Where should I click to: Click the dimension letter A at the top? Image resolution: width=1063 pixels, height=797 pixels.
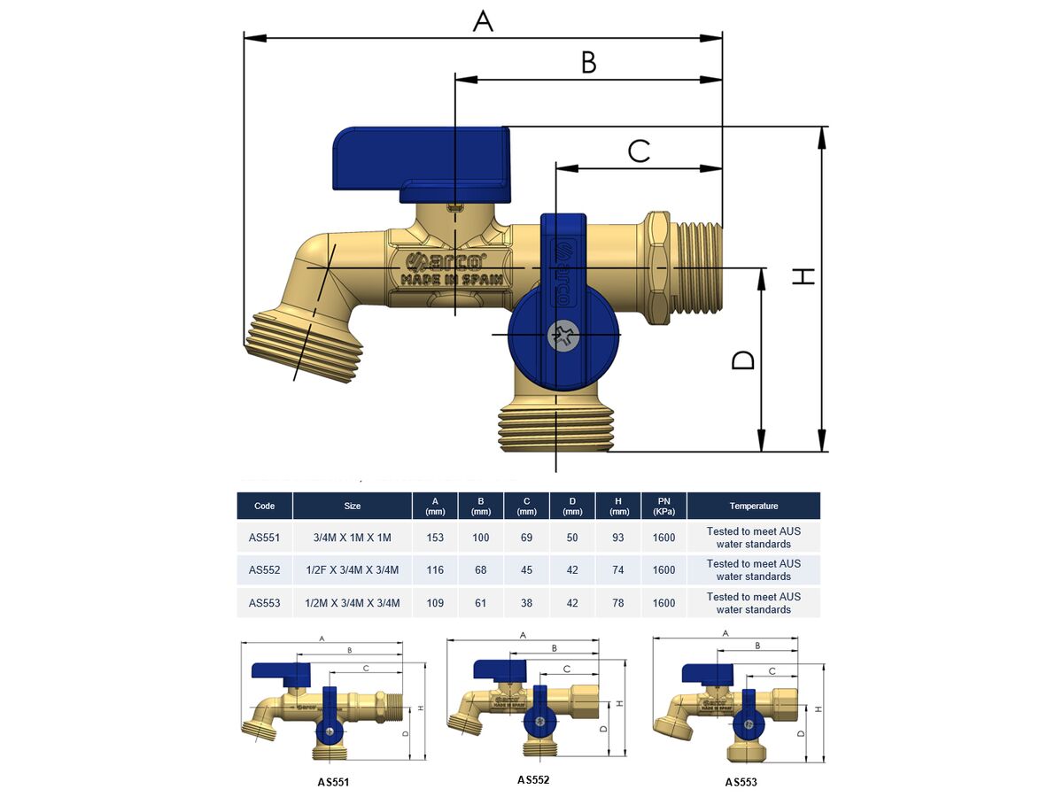[x=483, y=20]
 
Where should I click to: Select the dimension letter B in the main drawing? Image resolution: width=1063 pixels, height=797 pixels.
[x=588, y=62]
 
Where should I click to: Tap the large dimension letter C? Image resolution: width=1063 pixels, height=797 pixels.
[x=639, y=151]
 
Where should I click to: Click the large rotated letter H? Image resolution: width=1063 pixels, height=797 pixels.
[x=803, y=276]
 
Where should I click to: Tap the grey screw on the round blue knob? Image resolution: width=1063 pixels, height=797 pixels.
[x=562, y=336]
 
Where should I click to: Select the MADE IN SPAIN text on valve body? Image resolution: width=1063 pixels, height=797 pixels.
[x=452, y=279]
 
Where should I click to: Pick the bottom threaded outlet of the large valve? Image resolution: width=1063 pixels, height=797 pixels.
[x=555, y=429]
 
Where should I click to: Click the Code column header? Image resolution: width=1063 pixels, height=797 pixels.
[x=264, y=506]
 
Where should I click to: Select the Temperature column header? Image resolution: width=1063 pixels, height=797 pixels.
[x=753, y=506]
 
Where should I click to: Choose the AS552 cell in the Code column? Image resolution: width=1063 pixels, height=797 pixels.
[x=264, y=570]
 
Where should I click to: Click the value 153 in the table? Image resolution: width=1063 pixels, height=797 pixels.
[x=434, y=538]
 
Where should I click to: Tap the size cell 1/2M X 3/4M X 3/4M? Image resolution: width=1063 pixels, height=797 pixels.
[x=352, y=603]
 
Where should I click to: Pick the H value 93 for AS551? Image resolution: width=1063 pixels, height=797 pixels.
[x=617, y=538]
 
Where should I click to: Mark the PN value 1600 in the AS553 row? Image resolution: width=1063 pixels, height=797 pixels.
[x=663, y=603]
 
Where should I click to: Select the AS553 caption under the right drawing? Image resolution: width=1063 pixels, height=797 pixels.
[x=741, y=782]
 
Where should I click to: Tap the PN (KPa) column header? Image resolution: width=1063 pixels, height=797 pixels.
[x=663, y=506]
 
